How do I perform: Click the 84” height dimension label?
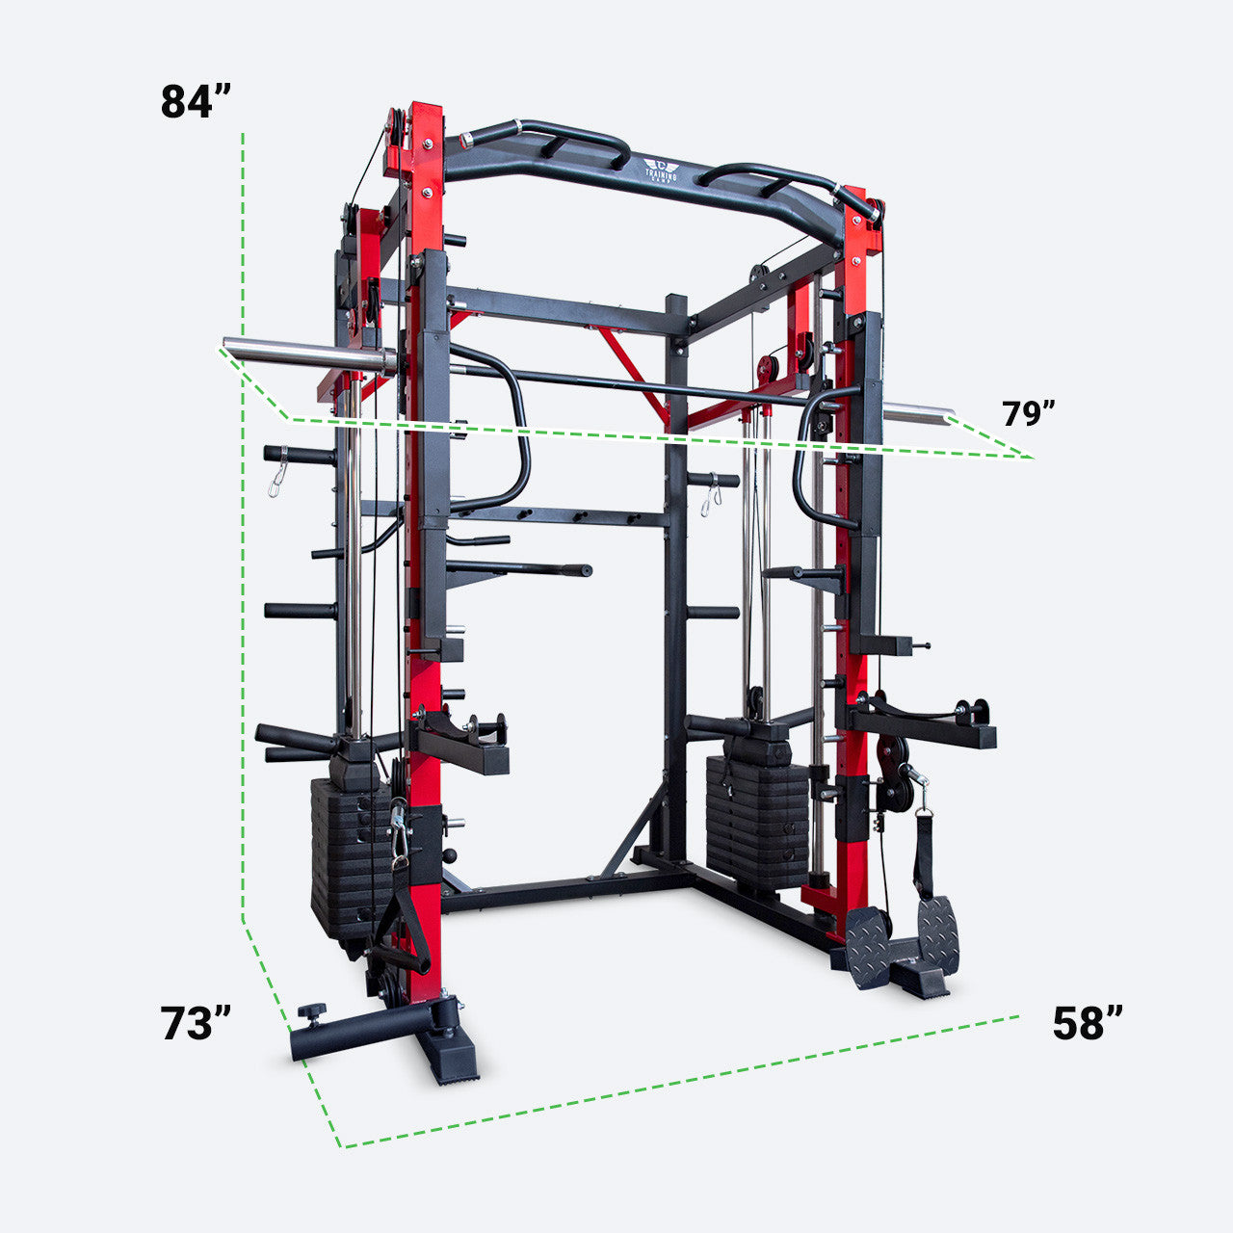coord(197,101)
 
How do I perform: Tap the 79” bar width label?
coord(1029,413)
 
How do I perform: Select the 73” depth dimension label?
coord(197,1023)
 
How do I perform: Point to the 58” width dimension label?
coord(1088,1023)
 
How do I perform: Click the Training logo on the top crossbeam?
coord(661,171)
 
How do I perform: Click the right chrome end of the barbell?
coord(919,415)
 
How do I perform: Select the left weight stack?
coord(347,848)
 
